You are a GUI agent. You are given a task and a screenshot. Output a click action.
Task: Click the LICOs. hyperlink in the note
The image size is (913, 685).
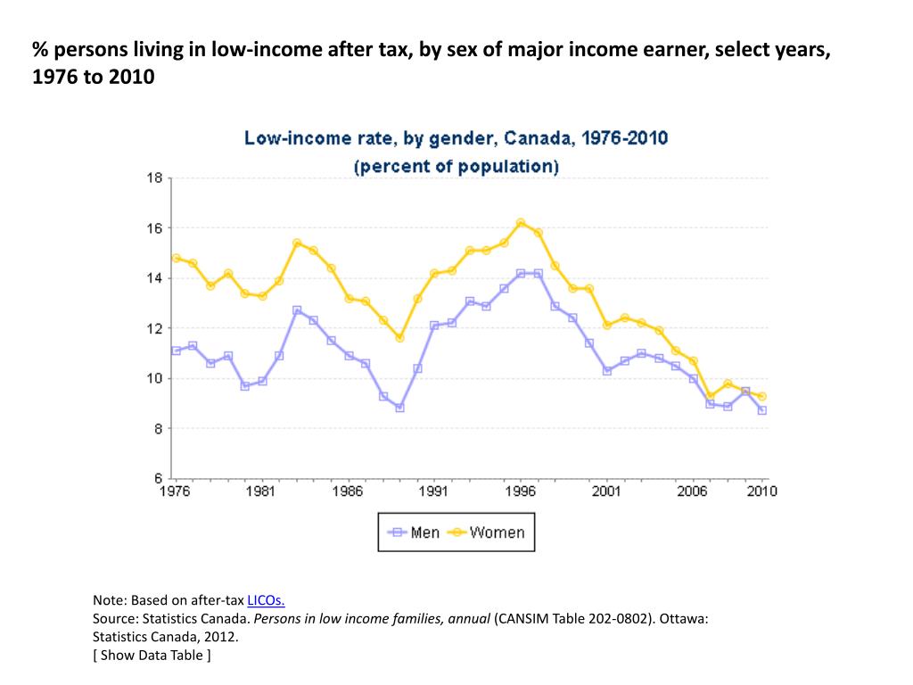point(266,600)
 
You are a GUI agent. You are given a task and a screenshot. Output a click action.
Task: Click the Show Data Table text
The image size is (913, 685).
point(152,656)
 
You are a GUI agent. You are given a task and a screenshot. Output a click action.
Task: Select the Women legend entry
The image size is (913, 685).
point(496,532)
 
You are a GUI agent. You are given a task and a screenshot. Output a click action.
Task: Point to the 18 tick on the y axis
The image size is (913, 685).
point(154,178)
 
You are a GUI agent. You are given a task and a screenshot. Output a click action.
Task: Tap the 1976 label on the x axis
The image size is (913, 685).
point(175,491)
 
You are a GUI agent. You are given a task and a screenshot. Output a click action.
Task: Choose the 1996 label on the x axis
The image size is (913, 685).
point(520,491)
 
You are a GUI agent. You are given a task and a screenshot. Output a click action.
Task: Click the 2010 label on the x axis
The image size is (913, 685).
point(761,491)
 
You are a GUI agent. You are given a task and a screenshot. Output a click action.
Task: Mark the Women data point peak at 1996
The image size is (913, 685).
point(521,223)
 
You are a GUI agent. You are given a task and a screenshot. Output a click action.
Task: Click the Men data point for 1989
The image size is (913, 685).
point(400,408)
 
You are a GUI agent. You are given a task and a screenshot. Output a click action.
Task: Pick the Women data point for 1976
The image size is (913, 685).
point(177,258)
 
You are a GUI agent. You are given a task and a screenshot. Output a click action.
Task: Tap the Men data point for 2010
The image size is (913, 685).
point(762,410)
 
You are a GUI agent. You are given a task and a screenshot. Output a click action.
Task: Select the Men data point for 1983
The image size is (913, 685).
point(297,310)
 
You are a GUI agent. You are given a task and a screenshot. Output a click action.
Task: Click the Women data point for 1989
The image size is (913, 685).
point(400,338)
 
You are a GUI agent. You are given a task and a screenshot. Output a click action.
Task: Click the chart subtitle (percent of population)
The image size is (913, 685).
point(456,167)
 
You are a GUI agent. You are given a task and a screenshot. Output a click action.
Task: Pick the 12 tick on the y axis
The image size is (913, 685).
point(154,328)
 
